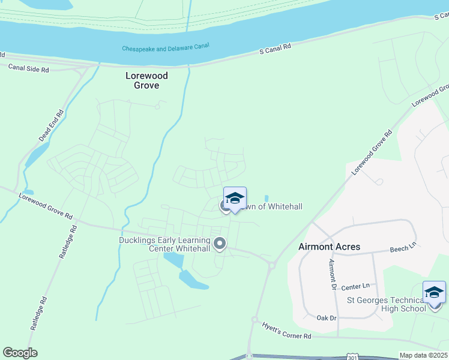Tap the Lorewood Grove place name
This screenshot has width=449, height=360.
(146, 80)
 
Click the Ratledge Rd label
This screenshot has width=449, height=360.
(67, 241)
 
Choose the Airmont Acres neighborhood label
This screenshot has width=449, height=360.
(330, 247)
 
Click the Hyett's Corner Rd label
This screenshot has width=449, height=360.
(286, 331)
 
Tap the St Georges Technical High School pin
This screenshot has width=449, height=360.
(434, 293)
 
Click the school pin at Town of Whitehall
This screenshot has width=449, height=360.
(235, 199)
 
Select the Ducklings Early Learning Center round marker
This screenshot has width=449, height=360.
(220, 244)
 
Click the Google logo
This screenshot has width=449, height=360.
(20, 353)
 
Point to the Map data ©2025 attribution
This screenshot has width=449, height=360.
(424, 355)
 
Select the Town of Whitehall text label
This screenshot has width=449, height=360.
(269, 206)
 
